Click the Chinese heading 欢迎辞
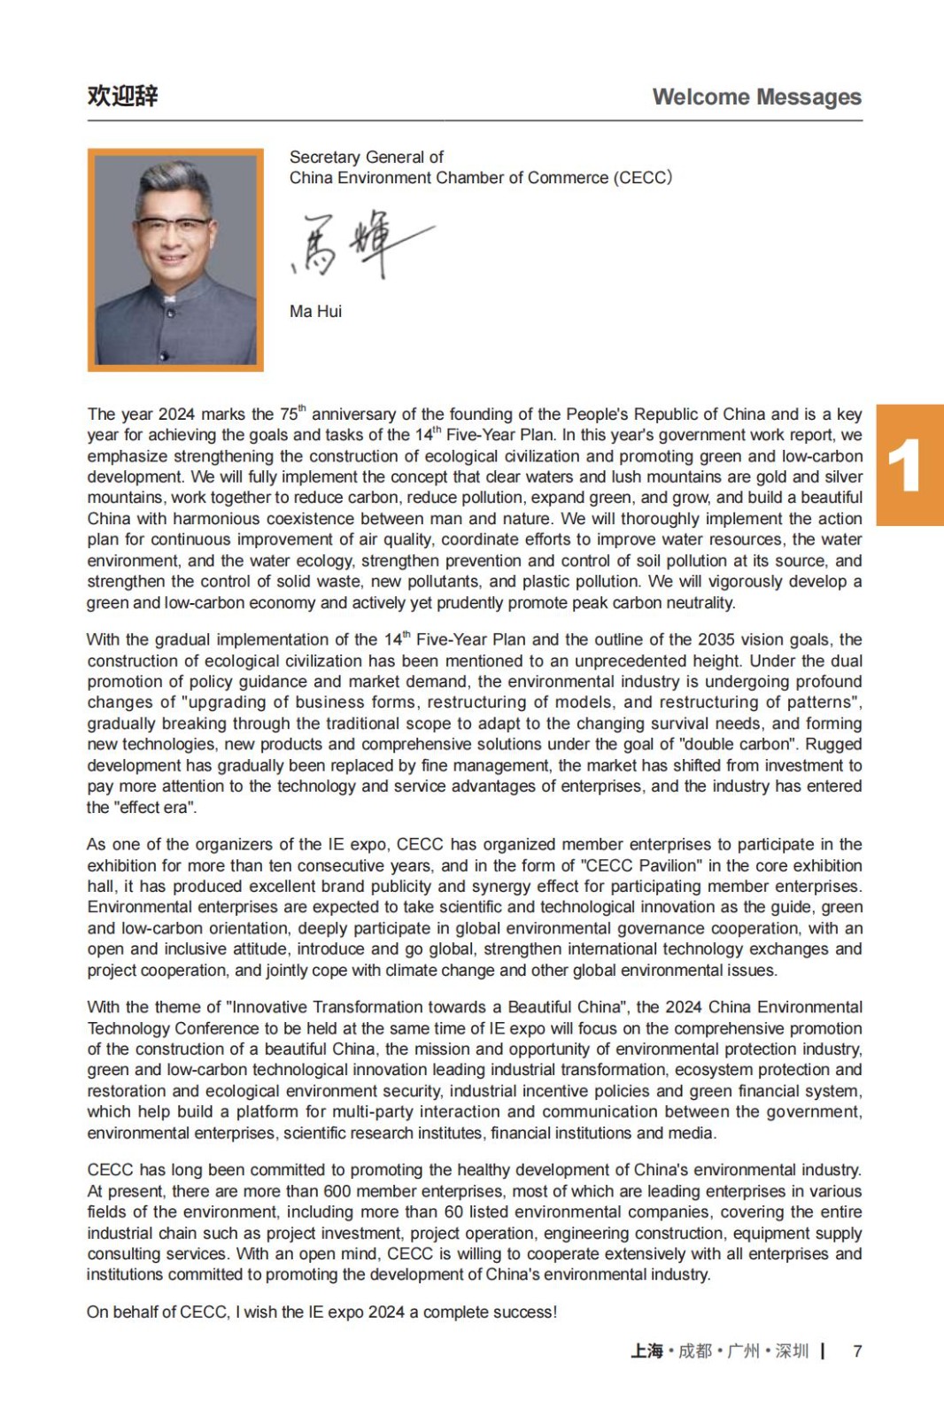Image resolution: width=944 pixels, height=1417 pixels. point(122,96)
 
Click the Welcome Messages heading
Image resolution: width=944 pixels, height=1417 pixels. point(756,97)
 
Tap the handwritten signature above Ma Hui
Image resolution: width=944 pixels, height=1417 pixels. point(361,244)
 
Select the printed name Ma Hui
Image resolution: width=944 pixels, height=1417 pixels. point(315,312)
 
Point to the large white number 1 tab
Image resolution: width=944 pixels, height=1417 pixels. point(905,466)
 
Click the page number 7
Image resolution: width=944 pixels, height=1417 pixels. point(856,1351)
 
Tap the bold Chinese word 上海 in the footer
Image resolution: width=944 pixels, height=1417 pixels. point(646,1351)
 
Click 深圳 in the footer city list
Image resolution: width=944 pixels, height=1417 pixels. point(792,1351)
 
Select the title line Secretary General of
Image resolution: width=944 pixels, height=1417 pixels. point(366,157)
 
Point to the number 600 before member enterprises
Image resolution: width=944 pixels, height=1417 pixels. point(337,1191)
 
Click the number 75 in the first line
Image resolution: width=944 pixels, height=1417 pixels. point(290,414)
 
